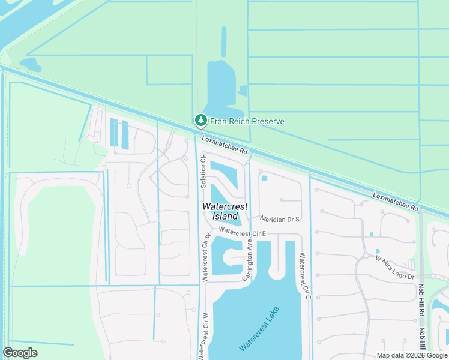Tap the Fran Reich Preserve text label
tap(247, 121)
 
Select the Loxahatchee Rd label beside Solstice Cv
tap(225, 145)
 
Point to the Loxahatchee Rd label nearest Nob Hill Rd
tap(396, 201)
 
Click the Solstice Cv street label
tap(203, 171)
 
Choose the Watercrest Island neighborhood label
tap(225, 211)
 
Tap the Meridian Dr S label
tap(280, 219)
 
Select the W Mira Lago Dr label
tap(395, 268)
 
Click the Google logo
tap(20, 353)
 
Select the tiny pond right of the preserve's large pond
tap(243, 91)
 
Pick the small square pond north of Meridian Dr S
tap(264, 178)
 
